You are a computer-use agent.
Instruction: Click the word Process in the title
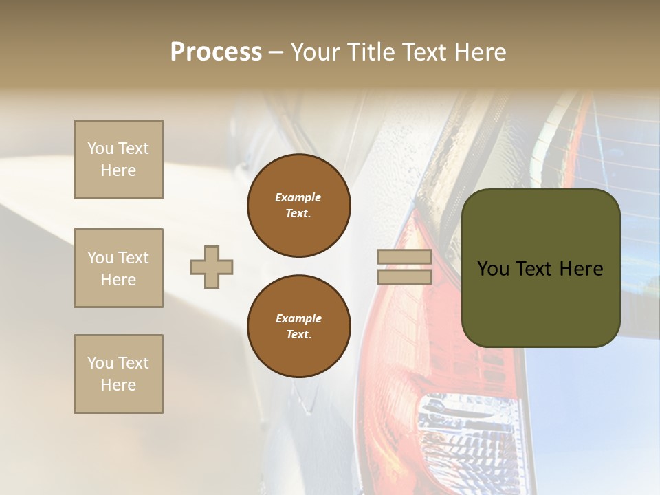(216, 52)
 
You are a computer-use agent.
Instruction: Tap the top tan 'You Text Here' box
(118, 159)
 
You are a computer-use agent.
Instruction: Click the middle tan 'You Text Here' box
(118, 268)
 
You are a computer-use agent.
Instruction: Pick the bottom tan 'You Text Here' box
(118, 374)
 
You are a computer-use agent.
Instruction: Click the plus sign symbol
(212, 267)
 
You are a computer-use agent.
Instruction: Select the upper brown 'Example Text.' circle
(298, 205)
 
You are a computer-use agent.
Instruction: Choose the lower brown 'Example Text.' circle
(298, 326)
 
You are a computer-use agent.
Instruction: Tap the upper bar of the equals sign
(404, 257)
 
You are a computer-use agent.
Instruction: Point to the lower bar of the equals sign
(404, 277)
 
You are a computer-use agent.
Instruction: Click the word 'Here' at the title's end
(481, 52)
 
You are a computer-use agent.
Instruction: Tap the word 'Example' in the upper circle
(298, 197)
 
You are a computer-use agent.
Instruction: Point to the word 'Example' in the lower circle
(298, 318)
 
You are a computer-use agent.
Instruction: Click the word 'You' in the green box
(493, 269)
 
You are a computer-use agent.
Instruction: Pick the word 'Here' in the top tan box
(118, 170)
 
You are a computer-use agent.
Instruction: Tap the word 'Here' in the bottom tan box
(118, 385)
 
